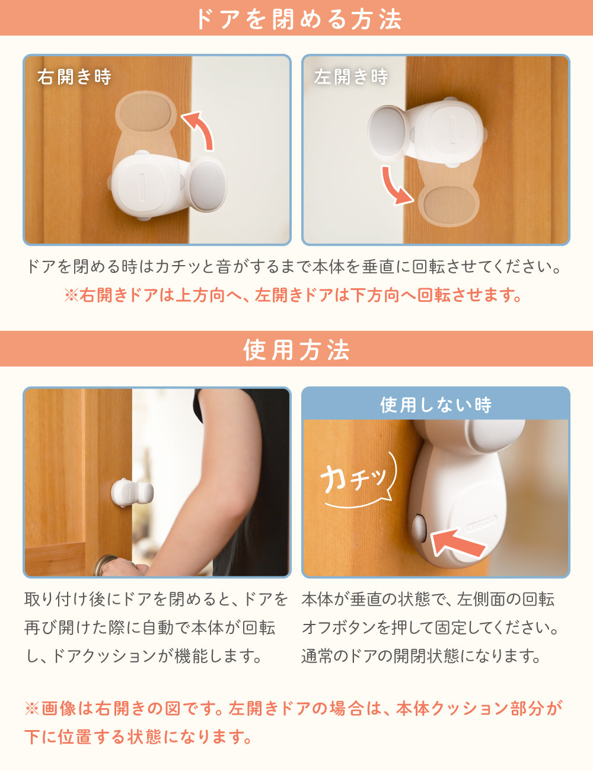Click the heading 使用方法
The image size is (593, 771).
296,349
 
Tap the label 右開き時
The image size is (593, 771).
75,77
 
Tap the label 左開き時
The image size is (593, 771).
351,77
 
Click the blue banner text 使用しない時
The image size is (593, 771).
436,405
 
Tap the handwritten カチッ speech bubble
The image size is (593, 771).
359,479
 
